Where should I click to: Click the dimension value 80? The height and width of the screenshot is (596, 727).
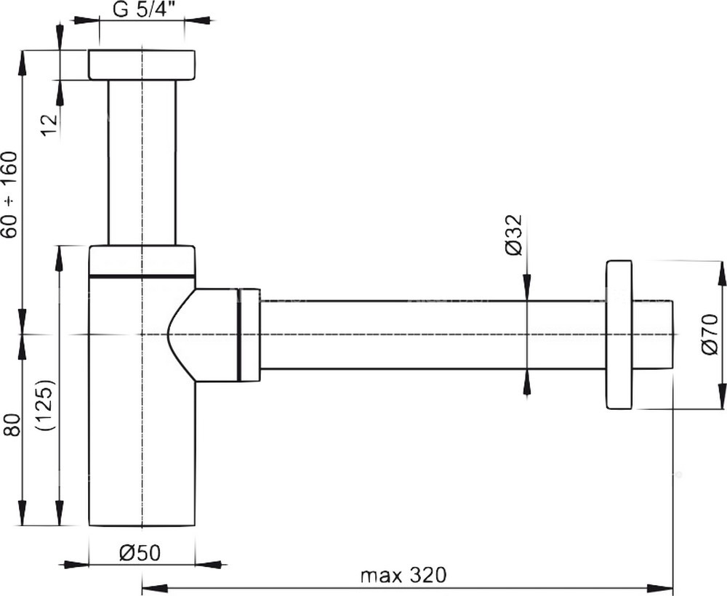[12, 424]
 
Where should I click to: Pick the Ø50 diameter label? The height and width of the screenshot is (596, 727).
[140, 552]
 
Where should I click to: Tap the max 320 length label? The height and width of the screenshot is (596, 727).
[403, 575]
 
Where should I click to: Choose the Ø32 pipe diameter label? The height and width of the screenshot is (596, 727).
[514, 235]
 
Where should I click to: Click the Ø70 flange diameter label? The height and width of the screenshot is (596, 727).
[710, 334]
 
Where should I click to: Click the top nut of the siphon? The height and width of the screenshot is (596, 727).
[142, 65]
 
